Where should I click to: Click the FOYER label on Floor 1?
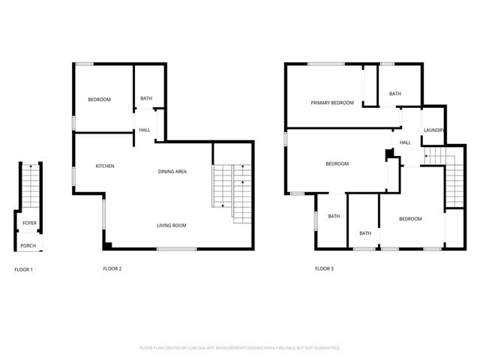coord(29,223)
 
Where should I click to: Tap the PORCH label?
coord(28,246)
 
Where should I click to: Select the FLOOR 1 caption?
coord(23,268)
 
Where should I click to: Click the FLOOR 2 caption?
coord(112,268)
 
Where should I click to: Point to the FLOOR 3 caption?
coord(324,268)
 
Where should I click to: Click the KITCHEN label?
coord(104,166)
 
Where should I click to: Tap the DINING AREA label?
coord(172,172)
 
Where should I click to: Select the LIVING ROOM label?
coord(171,226)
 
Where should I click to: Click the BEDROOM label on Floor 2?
coord(99,100)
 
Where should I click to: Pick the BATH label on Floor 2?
coord(146,98)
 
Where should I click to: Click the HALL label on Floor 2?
coord(144,130)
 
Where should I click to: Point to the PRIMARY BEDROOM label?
coord(332,103)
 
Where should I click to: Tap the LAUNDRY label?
coord(433,130)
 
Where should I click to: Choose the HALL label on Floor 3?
coord(405,142)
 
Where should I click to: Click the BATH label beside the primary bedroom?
coord(394,94)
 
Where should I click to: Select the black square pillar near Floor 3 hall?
coord(388,154)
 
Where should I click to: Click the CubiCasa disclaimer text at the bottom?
coord(240,348)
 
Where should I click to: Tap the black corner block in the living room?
coord(108,244)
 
